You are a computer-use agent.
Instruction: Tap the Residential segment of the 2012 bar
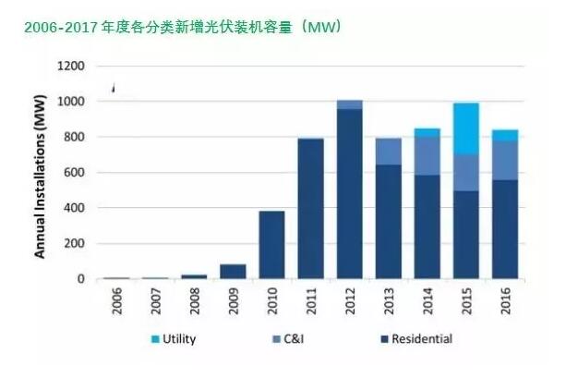coord(350,194)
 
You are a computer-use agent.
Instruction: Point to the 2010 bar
coord(271,245)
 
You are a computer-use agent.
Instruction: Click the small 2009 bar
coord(233,272)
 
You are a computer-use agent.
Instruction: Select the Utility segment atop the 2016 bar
coord(505,135)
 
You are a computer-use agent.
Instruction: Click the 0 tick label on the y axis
coord(81,279)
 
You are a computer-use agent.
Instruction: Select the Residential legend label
coord(422,340)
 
